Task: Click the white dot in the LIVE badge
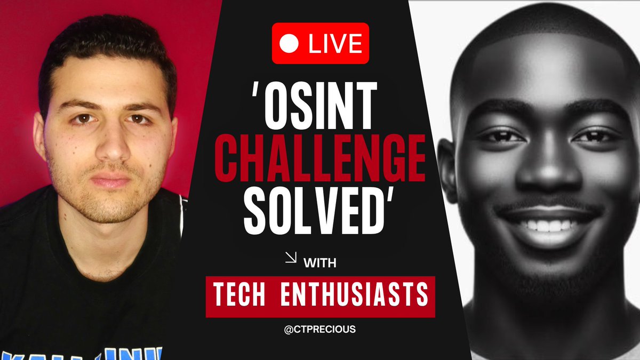tap(289, 43)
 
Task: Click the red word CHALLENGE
tap(324, 159)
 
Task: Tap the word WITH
tap(320, 262)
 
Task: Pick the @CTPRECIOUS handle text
tap(320, 330)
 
